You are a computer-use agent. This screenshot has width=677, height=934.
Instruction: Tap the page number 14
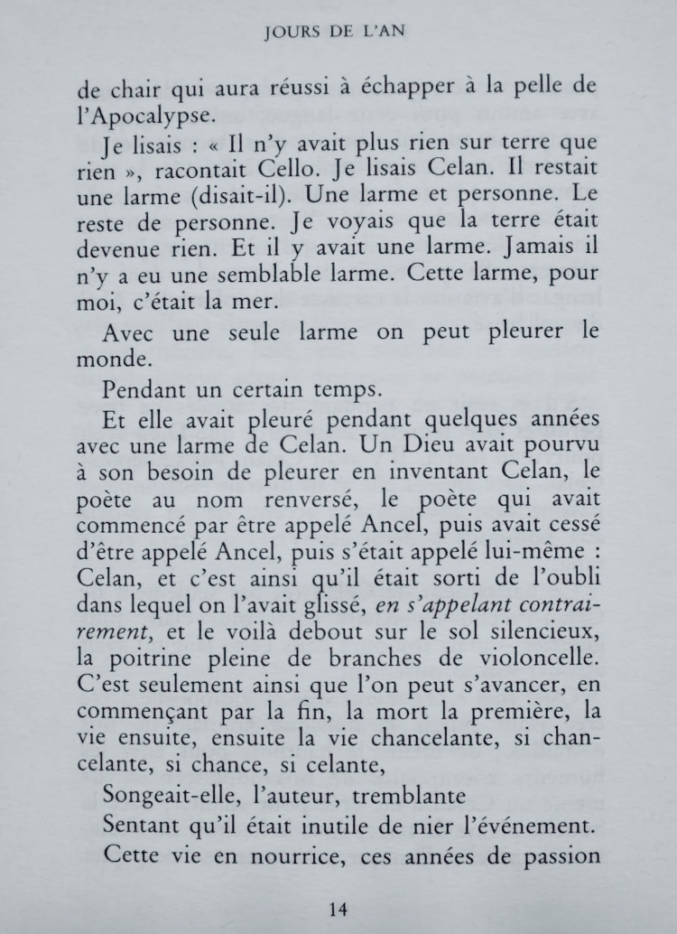click(338, 908)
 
